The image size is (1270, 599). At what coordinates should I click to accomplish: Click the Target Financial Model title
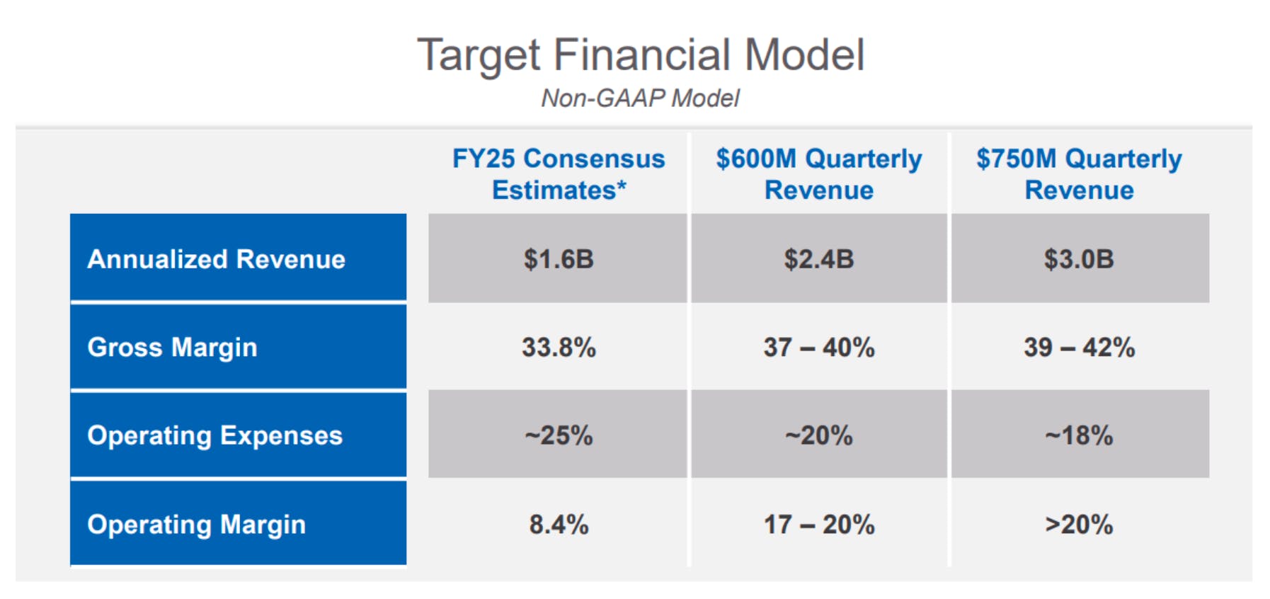[x=641, y=55]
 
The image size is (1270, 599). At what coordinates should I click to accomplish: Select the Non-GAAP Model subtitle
[x=640, y=98]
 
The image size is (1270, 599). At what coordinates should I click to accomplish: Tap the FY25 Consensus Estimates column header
[x=559, y=174]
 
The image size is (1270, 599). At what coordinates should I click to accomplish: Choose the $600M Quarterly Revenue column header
[x=819, y=174]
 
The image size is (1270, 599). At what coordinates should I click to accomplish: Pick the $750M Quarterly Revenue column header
[x=1079, y=174]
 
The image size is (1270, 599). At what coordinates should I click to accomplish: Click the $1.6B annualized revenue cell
[x=559, y=259]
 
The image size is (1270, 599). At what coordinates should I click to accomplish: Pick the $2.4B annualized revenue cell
[x=819, y=259]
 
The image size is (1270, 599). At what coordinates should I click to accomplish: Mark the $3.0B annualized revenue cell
[x=1079, y=259]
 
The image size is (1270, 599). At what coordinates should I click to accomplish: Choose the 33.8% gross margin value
[x=559, y=348]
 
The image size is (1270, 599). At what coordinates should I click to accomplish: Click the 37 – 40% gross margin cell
[x=819, y=348]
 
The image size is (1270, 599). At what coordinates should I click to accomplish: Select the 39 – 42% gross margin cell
[x=1079, y=348]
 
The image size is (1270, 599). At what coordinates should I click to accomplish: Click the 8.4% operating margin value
[x=559, y=525]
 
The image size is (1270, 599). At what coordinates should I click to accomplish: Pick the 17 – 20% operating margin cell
[x=819, y=525]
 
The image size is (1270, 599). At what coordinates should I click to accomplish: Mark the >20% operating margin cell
[x=1079, y=525]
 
